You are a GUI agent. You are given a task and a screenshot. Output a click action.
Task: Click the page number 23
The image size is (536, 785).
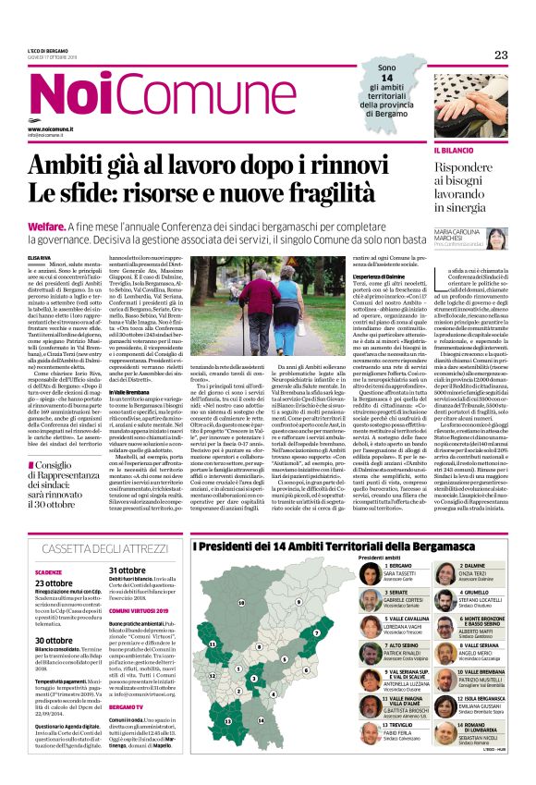tap(500, 55)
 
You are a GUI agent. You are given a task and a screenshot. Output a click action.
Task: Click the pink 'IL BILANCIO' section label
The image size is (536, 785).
tap(427, 149)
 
